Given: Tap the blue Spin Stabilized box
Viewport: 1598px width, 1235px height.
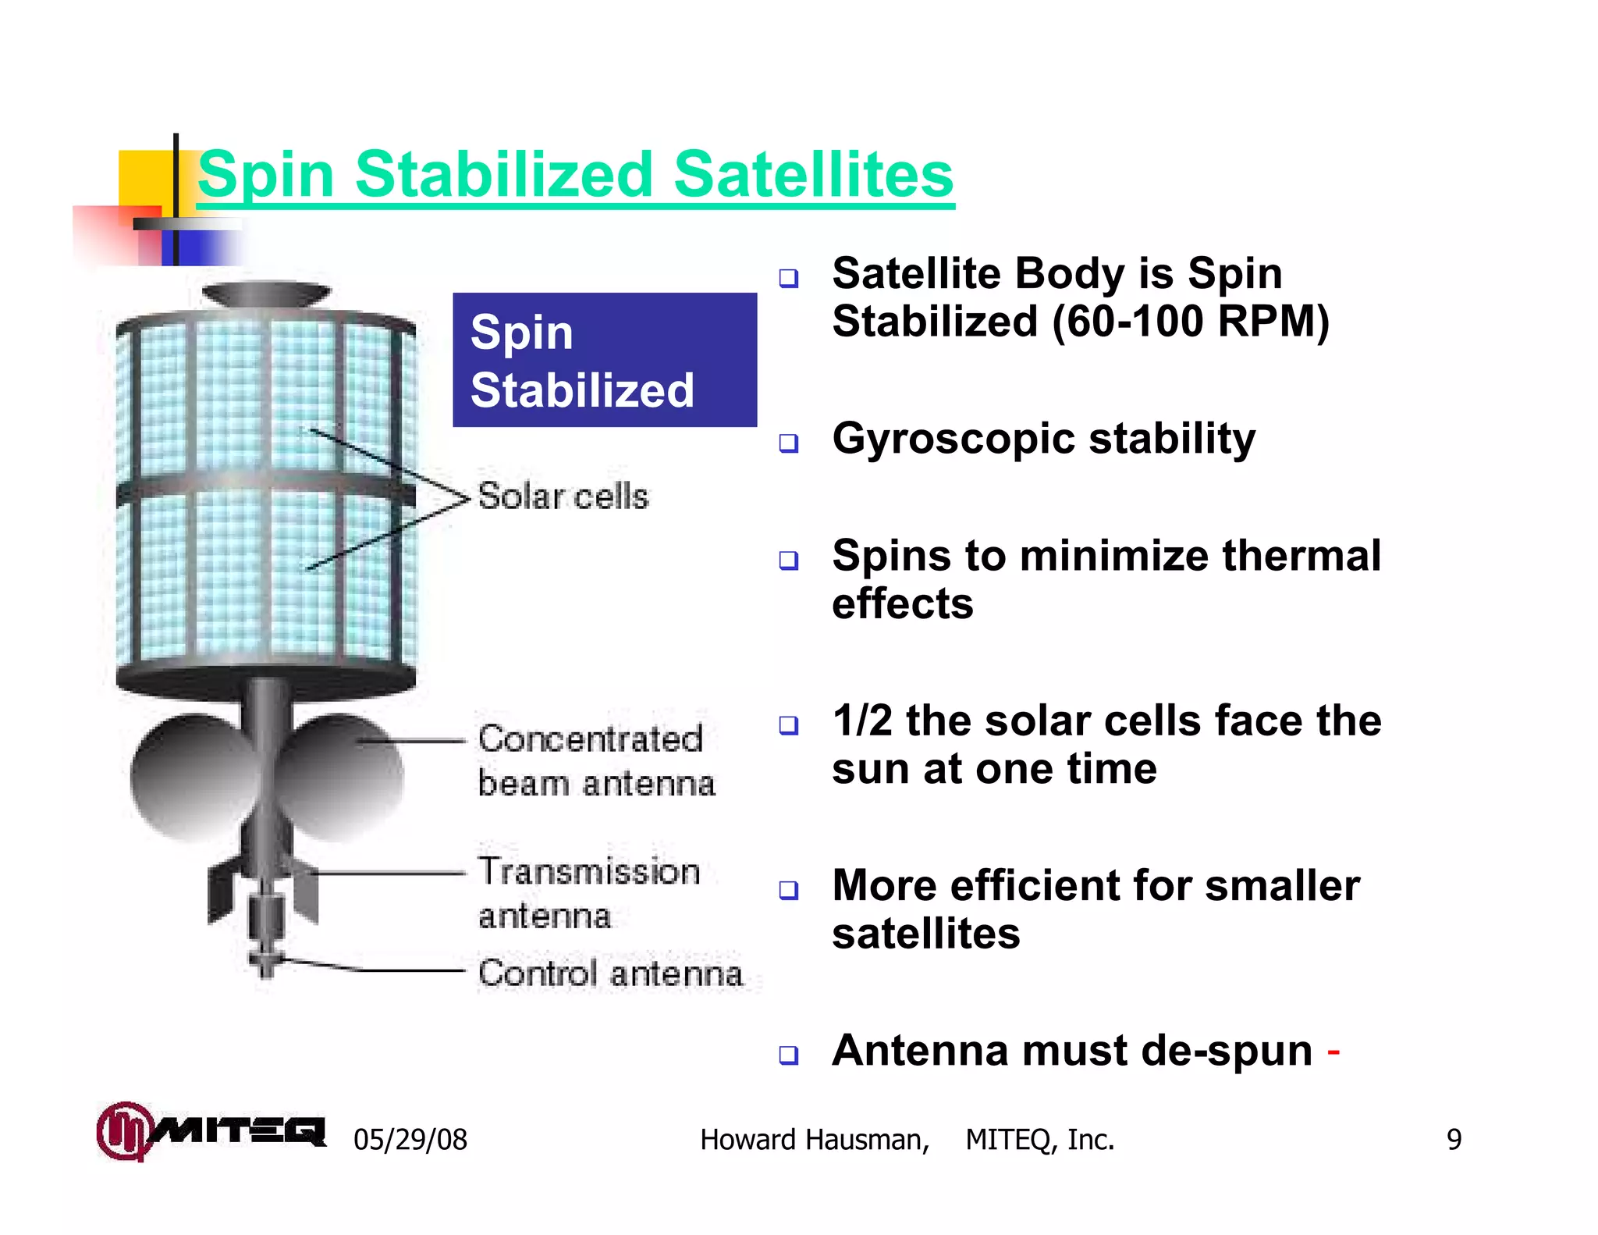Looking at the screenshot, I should click(604, 360).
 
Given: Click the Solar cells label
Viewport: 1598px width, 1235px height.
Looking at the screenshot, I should click(563, 496).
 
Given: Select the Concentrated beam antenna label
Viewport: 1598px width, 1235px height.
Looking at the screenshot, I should click(595, 761).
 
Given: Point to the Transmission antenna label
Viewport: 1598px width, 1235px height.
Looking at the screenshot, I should click(588, 893).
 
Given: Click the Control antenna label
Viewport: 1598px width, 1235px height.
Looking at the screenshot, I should click(610, 973).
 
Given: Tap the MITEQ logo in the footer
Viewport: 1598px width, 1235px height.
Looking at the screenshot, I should click(211, 1131).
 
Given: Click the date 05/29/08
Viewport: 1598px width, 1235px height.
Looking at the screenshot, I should click(410, 1140).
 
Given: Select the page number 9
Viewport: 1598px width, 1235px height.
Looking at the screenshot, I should click(1454, 1140).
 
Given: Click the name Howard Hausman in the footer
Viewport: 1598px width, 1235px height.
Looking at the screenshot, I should click(814, 1140).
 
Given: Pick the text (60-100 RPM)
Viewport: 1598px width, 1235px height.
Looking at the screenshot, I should click(1190, 322).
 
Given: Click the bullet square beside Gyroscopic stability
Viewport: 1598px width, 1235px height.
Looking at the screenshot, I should click(789, 443).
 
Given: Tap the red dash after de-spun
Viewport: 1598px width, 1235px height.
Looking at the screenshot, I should click(1333, 1053).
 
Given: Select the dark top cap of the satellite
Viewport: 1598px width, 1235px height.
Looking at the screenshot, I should click(266, 294).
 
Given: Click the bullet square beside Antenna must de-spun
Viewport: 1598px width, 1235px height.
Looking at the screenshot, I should click(789, 1055).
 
